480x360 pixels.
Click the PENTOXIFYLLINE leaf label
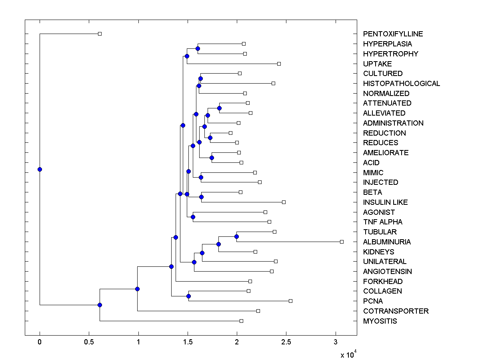click(x=393, y=34)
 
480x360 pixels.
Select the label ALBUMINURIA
click(x=387, y=242)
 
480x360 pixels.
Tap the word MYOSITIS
click(x=380, y=321)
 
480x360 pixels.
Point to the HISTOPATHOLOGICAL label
click(x=402, y=84)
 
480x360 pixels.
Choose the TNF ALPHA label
click(x=383, y=222)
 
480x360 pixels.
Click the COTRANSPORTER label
click(x=396, y=311)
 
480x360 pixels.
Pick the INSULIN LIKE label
click(x=385, y=202)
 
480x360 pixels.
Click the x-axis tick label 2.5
click(x=286, y=342)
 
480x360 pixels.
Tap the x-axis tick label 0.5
click(x=89, y=342)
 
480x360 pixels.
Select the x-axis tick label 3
click(x=335, y=342)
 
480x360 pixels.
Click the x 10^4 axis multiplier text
click(x=348, y=354)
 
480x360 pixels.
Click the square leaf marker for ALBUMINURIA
click(x=342, y=242)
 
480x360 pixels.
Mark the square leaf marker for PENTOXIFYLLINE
click(x=100, y=34)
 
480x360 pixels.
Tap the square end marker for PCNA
click(x=290, y=301)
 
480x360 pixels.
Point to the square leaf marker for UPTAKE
click(x=279, y=64)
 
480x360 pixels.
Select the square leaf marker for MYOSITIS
click(x=241, y=321)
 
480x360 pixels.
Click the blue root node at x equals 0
click(x=40, y=169)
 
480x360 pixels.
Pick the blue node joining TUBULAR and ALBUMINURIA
click(x=236, y=236)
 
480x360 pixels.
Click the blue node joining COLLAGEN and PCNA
click(x=188, y=296)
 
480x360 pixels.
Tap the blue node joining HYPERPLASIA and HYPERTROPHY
click(x=198, y=48)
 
